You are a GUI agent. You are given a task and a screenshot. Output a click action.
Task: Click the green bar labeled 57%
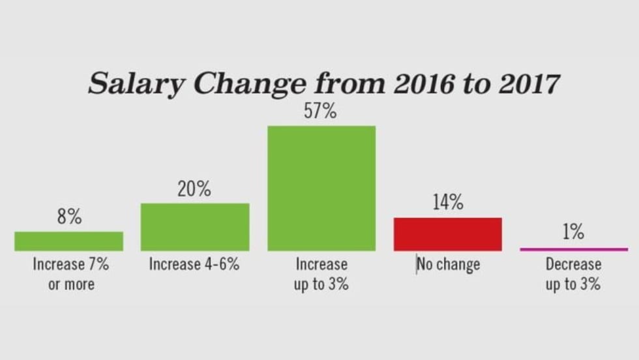click(321, 188)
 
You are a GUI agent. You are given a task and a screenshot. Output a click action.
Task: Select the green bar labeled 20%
click(195, 227)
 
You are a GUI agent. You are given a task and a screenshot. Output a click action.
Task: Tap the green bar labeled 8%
click(68, 241)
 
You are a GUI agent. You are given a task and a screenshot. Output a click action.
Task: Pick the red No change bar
click(447, 234)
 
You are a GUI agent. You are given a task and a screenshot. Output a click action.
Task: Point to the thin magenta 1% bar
click(574, 249)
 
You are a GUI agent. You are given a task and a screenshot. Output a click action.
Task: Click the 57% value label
click(320, 112)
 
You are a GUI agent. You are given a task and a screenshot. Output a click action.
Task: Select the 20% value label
click(194, 190)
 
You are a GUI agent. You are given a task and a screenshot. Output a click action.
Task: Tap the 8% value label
click(69, 218)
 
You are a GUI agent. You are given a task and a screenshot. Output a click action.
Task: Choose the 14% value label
click(447, 203)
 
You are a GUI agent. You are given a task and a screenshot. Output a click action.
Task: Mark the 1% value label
click(573, 232)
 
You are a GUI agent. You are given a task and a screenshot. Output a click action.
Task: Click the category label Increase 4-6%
click(194, 265)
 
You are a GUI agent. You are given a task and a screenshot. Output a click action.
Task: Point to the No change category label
click(448, 265)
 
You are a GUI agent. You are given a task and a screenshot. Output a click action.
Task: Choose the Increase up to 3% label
click(321, 274)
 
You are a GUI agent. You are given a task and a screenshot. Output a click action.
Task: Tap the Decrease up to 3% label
click(573, 274)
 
